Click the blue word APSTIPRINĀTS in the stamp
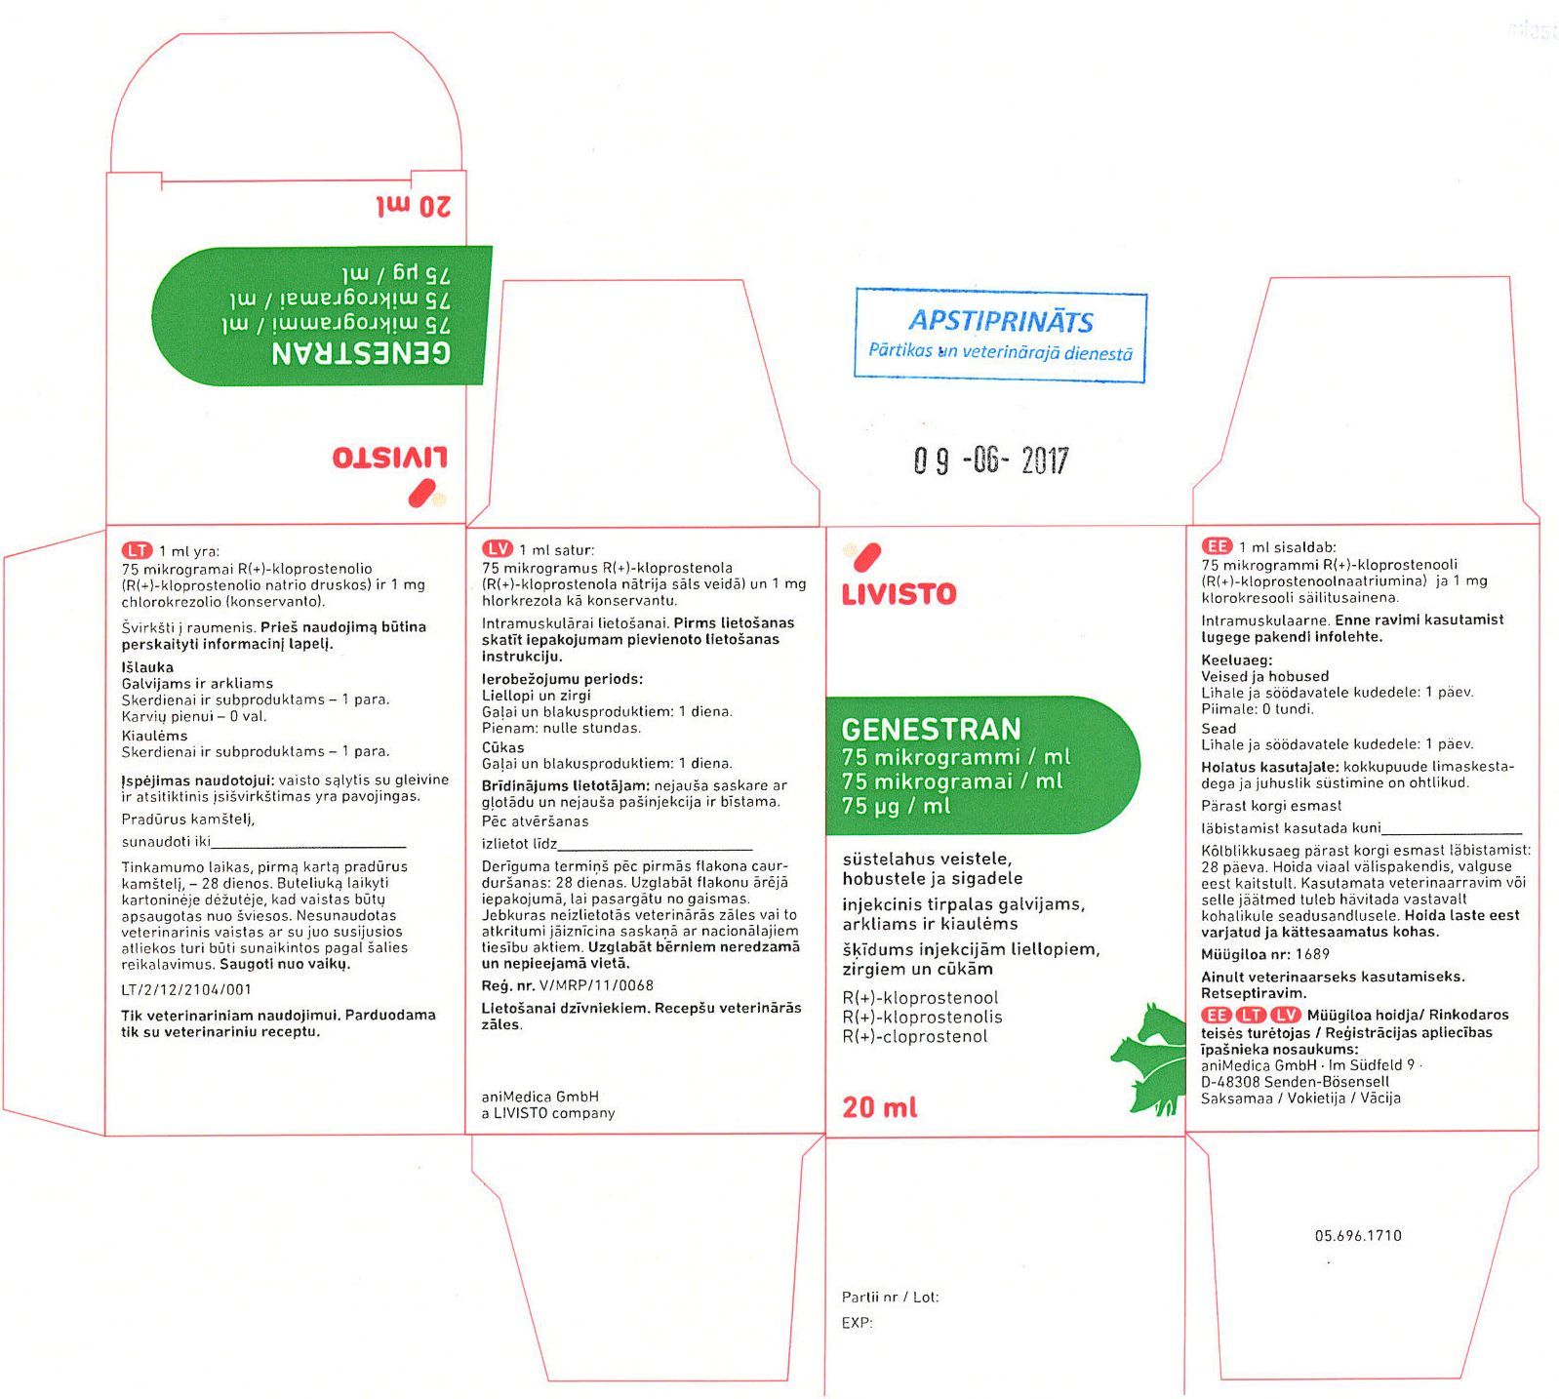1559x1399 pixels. click(1001, 321)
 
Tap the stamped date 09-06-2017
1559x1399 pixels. click(991, 460)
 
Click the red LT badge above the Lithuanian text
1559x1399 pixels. click(137, 550)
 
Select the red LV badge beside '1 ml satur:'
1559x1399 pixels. click(498, 549)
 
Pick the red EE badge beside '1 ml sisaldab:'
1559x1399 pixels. click(1217, 546)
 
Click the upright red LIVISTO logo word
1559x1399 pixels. click(899, 594)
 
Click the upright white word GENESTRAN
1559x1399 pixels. click(931, 729)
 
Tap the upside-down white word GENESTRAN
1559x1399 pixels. click(362, 352)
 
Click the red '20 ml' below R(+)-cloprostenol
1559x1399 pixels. click(880, 1107)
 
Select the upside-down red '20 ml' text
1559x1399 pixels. click(415, 207)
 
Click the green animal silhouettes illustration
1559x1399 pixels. click(1148, 1059)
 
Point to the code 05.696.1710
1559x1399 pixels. click(1358, 1235)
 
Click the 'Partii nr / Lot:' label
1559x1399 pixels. click(890, 1297)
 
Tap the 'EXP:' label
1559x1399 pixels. click(857, 1323)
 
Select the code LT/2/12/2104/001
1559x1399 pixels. click(186, 989)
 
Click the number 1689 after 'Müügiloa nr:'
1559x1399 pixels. click(1313, 954)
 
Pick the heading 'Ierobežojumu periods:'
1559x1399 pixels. click(563, 679)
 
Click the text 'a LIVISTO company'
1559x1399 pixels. click(548, 1112)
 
